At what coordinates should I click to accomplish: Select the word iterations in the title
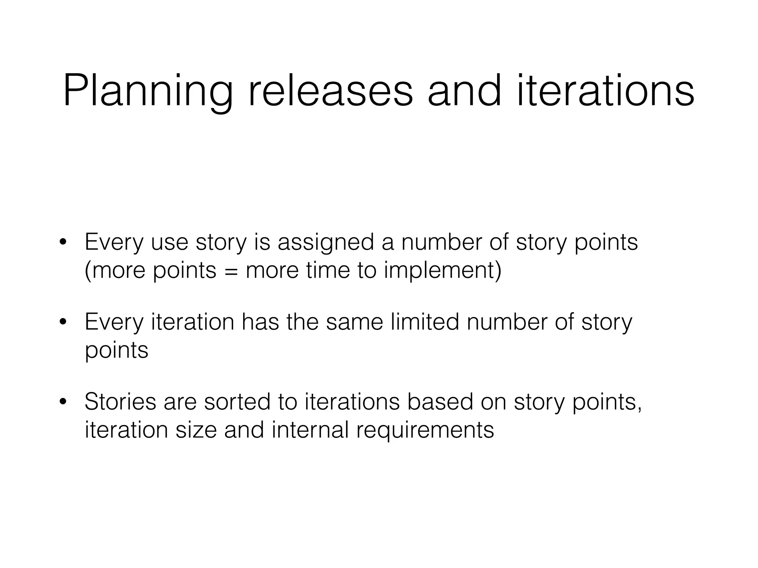(605, 91)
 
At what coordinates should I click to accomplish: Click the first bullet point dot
(63, 243)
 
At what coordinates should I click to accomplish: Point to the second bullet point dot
(63, 322)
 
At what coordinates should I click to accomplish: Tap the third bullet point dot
(63, 402)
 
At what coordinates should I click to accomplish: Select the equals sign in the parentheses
(231, 271)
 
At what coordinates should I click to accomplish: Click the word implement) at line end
(443, 271)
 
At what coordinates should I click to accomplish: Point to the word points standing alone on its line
(116, 351)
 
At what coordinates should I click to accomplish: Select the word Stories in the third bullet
(120, 402)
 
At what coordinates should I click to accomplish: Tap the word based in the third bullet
(440, 402)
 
